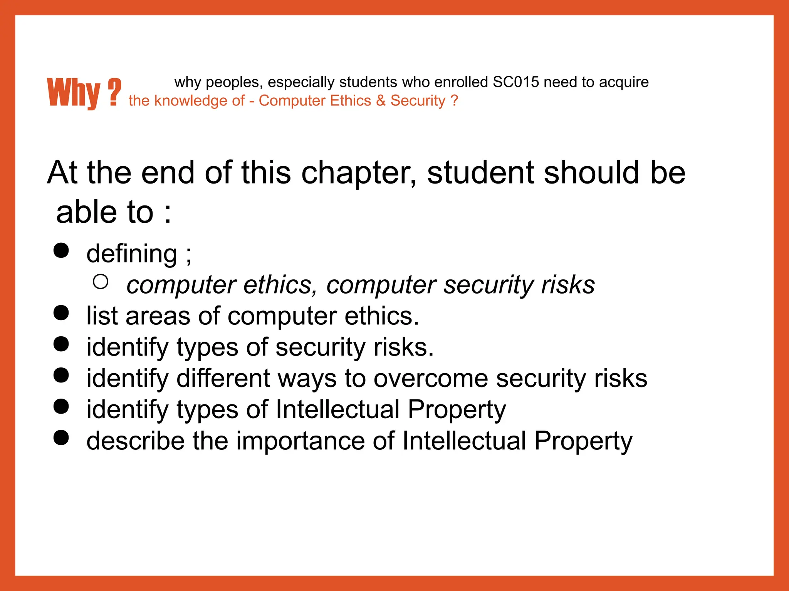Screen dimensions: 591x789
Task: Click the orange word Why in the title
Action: pos(73,93)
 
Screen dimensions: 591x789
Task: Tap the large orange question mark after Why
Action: pos(114,92)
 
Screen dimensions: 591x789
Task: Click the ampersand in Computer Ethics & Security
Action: pos(381,101)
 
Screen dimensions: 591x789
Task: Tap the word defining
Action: pos(132,254)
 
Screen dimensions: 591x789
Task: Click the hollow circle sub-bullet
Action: pos(101,282)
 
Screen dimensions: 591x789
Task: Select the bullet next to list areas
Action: pos(61,313)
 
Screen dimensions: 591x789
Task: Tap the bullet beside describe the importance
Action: pos(61,437)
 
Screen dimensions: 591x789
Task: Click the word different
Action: pos(223,379)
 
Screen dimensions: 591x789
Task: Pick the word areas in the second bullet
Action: pos(158,316)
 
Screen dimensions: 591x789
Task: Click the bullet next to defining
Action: pos(61,250)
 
